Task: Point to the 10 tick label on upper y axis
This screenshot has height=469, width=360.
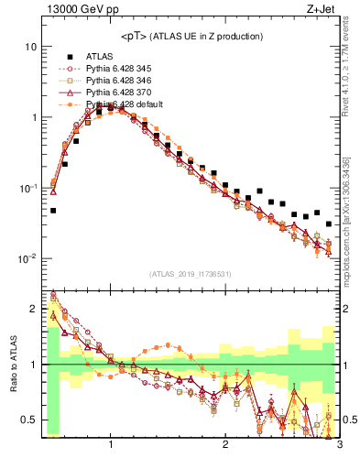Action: point(30,47)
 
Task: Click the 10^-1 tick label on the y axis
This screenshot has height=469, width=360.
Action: point(27,188)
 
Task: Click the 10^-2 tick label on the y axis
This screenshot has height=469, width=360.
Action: point(27,258)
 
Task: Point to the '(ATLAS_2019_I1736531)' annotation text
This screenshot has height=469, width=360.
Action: point(191,274)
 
